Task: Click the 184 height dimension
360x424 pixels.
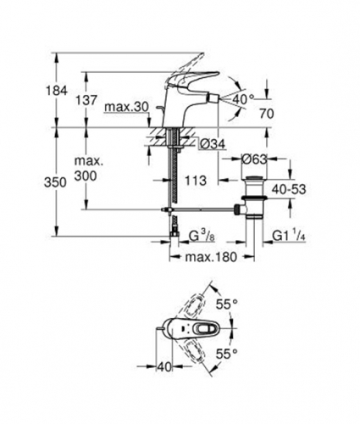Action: tap(57, 91)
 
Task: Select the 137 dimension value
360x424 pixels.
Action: tap(86, 100)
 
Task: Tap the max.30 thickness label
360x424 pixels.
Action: tap(126, 108)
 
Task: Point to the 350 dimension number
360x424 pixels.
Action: tap(55, 182)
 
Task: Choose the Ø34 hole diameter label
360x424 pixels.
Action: tap(212, 145)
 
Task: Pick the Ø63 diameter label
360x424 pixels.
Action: tap(254, 159)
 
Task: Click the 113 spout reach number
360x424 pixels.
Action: tap(196, 181)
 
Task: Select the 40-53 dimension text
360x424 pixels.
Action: tap(289, 189)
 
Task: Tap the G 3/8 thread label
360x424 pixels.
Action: tap(202, 237)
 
